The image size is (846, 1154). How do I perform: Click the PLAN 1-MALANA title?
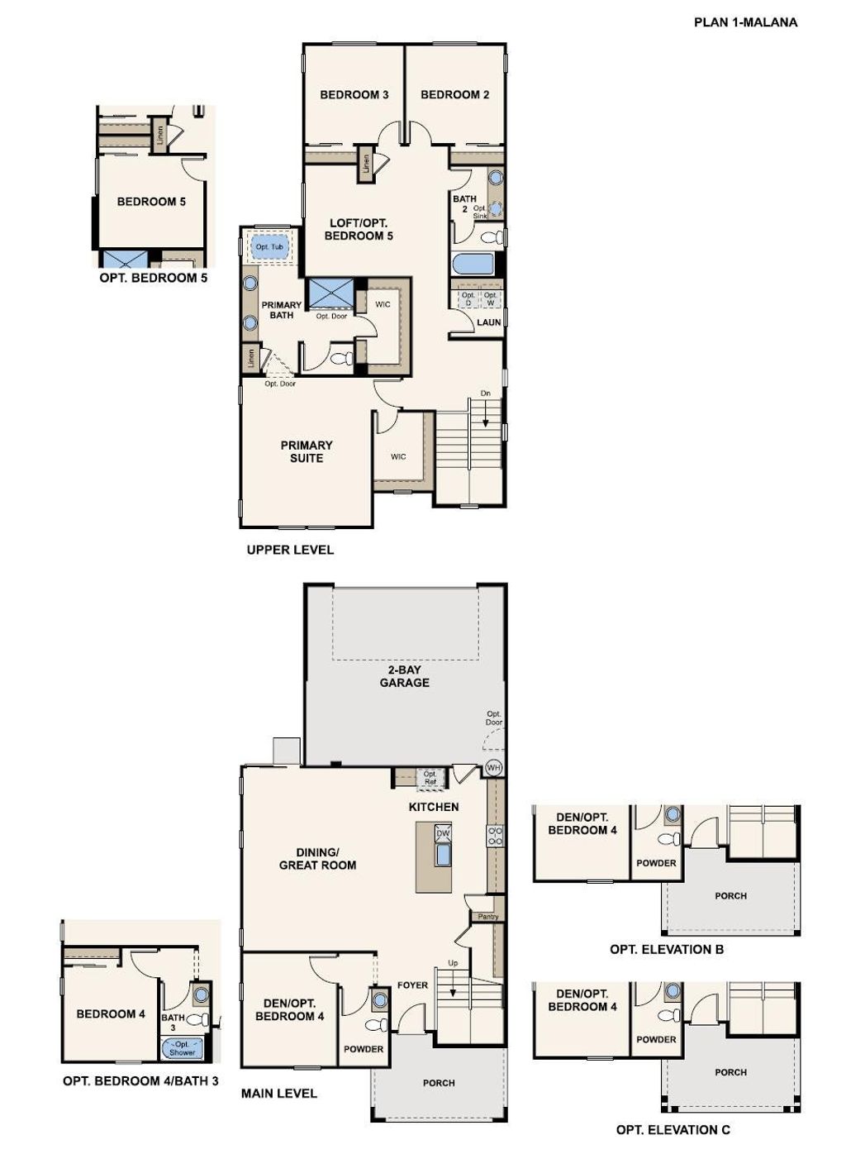tap(745, 22)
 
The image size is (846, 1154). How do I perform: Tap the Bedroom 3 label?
tap(354, 95)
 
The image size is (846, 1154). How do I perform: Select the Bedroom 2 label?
tap(454, 95)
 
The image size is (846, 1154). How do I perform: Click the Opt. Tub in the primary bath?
tap(269, 247)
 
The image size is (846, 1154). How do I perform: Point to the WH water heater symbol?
tap(493, 768)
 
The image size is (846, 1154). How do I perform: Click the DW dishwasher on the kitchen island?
tap(443, 833)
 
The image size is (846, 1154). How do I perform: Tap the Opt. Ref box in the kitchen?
tap(430, 778)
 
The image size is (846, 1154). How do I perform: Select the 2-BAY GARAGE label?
tap(404, 676)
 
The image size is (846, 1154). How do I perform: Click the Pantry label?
tap(487, 917)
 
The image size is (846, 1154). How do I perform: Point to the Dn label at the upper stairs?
tap(485, 393)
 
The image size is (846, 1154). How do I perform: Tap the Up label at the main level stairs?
tap(453, 963)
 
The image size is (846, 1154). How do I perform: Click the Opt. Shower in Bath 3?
tap(183, 1048)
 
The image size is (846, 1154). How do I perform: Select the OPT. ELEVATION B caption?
tap(667, 950)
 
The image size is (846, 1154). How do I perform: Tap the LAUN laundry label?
tap(488, 322)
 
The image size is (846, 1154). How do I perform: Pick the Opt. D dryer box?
tap(468, 298)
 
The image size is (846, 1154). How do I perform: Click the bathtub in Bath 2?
tap(473, 265)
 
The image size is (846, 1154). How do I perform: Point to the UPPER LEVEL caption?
tap(291, 550)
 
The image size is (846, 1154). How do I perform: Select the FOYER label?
tap(412, 985)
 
